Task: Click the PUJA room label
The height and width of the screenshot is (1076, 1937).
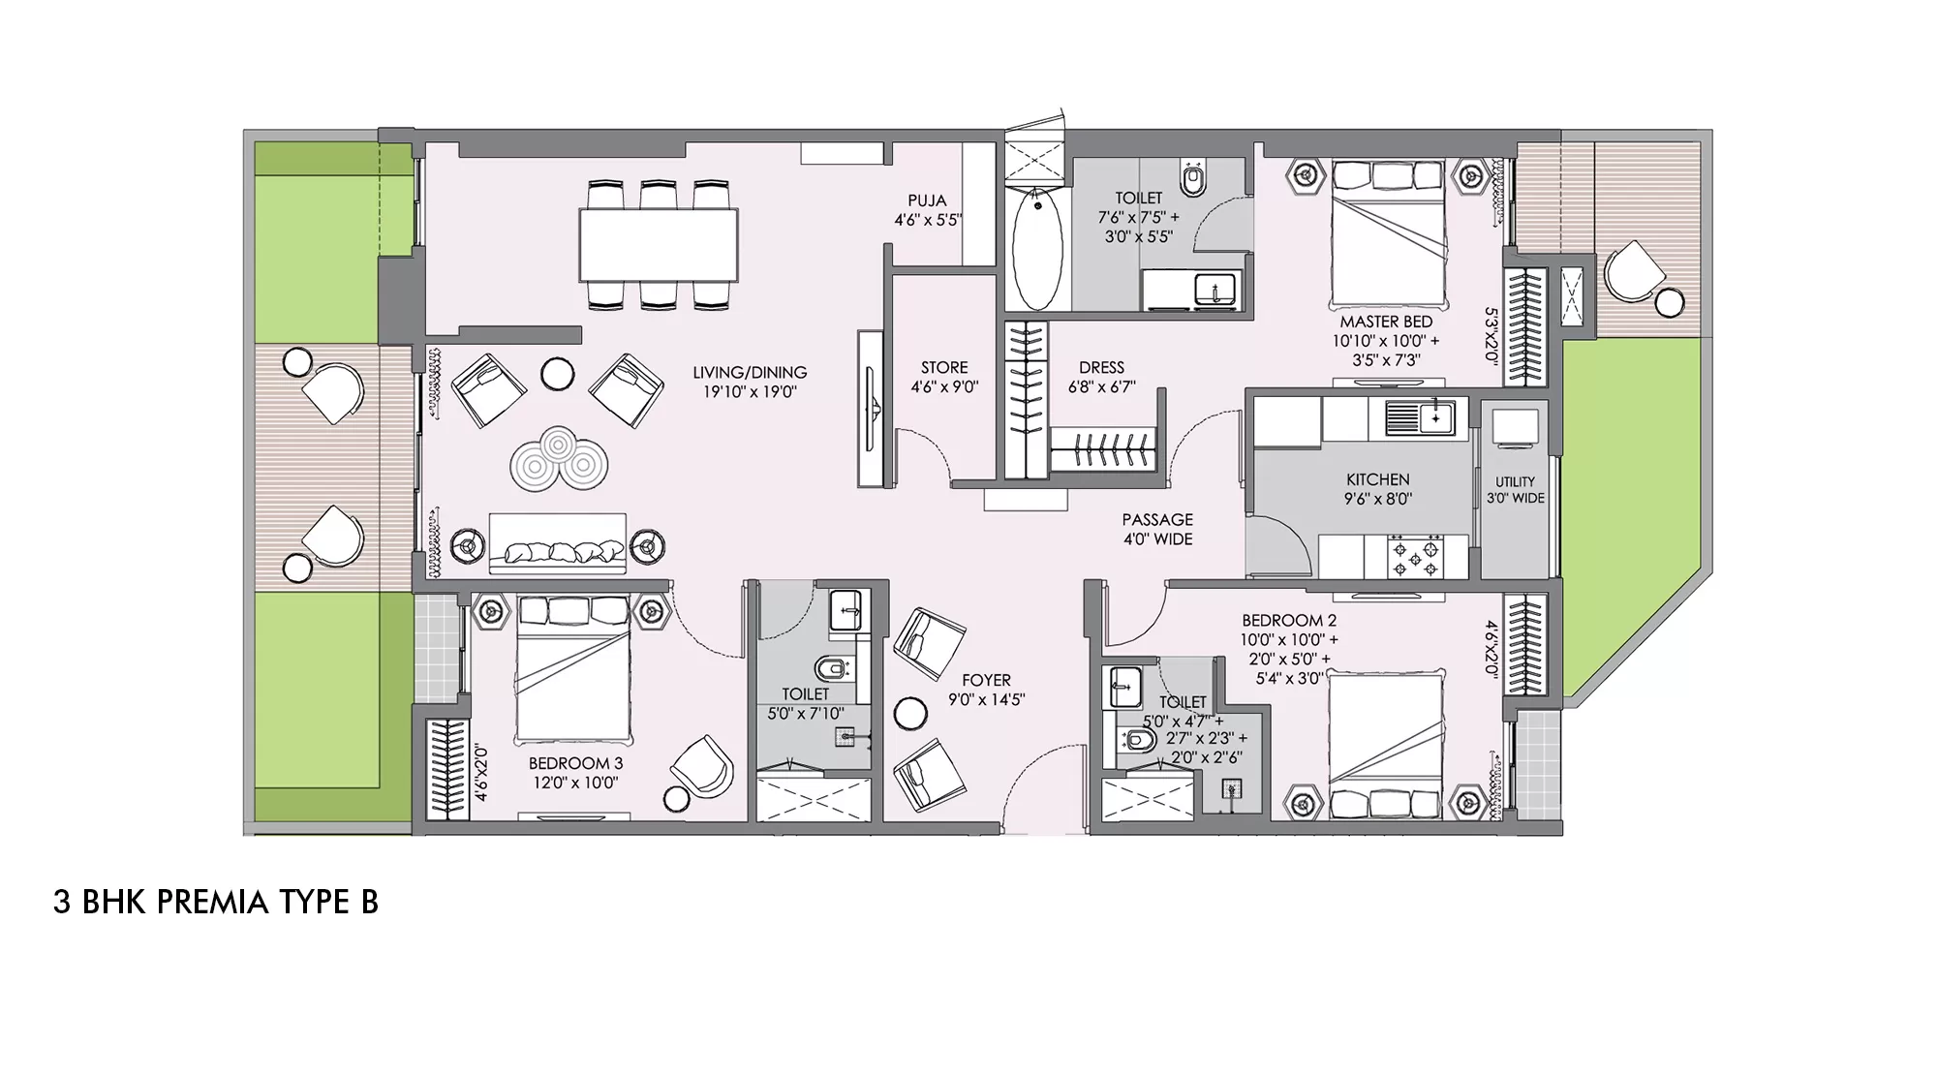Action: coord(927,201)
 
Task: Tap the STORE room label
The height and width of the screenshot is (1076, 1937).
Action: coord(944,368)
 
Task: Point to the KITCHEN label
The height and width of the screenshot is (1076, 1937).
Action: coord(1378,479)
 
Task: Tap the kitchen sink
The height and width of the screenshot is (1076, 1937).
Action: coord(1420,417)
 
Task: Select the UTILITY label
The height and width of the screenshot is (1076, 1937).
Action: coord(1516,481)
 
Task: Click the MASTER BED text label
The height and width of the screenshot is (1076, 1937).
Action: coord(1386,322)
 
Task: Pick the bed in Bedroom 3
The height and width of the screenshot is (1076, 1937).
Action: coord(573,669)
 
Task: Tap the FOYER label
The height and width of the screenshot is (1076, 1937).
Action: coord(986,680)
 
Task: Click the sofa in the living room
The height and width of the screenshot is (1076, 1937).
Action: coord(558,544)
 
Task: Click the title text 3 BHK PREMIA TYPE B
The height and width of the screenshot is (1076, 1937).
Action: coord(216,903)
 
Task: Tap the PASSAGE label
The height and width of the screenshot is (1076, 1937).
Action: coord(1157,520)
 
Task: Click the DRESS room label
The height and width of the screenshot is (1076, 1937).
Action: coord(1101,368)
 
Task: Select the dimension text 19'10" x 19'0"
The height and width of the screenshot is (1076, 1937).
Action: coord(750,392)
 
